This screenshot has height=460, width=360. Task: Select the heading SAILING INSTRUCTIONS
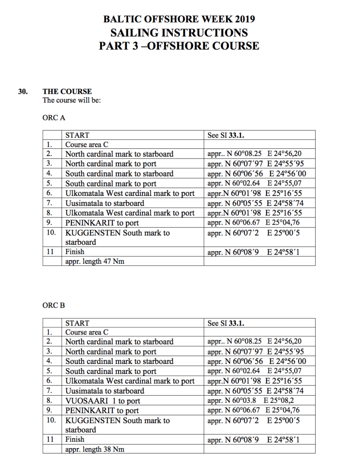(179, 32)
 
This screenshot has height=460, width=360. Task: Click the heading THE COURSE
(67, 91)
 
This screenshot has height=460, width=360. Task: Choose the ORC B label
(53, 305)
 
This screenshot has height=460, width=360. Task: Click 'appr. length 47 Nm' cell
(95, 261)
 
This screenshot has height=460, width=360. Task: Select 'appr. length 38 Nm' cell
(95, 449)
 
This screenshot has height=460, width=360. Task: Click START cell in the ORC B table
(77, 323)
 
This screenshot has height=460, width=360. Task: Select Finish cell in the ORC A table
(75, 252)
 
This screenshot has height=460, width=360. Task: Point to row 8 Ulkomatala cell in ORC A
(130, 213)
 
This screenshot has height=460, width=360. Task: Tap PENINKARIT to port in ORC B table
(102, 411)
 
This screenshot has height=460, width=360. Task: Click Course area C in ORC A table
(87, 145)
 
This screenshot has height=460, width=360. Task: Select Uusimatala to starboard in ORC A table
(105, 203)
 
